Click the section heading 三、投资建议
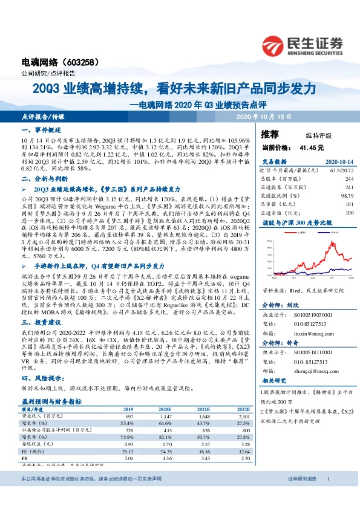[39, 323]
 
